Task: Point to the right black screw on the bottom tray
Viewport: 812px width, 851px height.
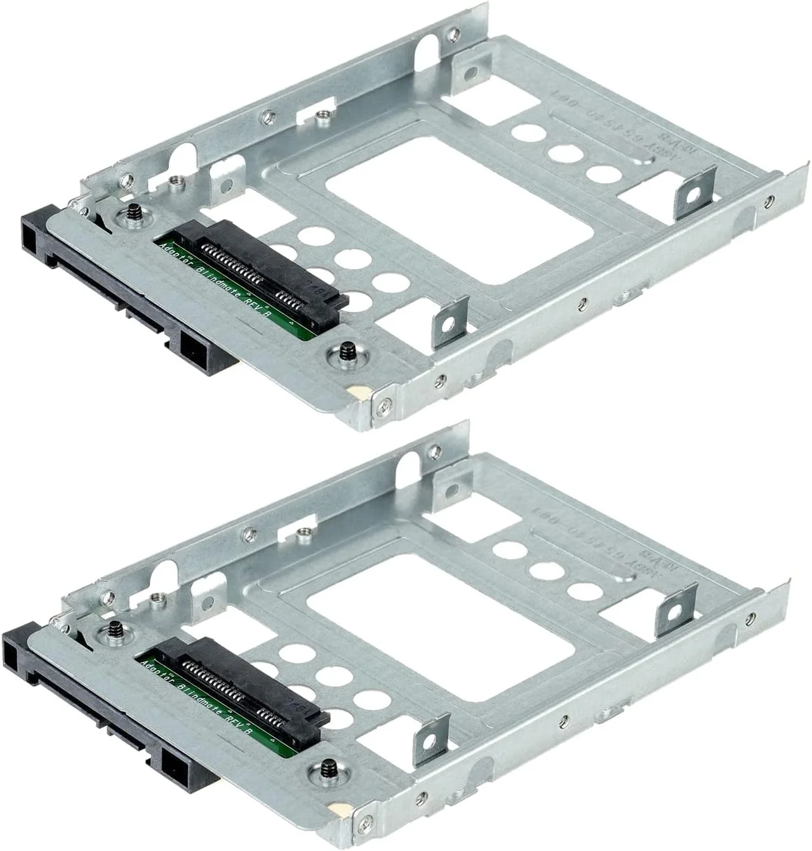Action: point(327,766)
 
